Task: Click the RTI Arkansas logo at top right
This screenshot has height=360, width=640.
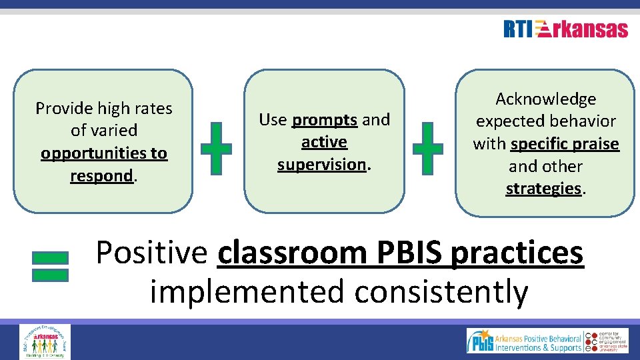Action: coord(565,29)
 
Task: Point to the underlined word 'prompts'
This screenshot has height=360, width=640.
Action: coord(325,120)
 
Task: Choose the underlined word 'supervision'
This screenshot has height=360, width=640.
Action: coord(322,164)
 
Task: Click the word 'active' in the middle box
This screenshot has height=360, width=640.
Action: coord(324,142)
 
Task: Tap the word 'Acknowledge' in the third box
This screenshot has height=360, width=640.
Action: coord(545,99)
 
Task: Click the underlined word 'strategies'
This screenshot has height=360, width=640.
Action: coord(543,189)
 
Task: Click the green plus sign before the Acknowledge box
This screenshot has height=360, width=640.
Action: coord(427,148)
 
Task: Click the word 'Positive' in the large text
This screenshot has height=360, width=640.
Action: coord(152,253)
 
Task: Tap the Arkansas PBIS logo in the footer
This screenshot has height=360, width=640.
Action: coord(524,341)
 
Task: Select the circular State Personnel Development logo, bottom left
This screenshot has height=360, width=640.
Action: coord(45,341)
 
